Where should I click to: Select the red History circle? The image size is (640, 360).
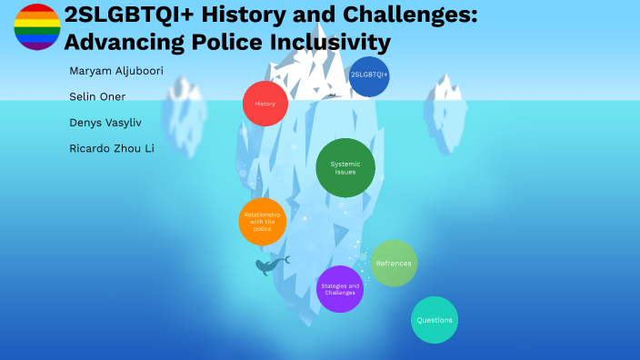coord(265,104)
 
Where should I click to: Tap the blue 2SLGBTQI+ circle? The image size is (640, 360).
coord(369,75)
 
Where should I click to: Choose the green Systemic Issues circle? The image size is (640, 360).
coord(345,167)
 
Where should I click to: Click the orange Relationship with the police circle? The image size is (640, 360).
coord(263,221)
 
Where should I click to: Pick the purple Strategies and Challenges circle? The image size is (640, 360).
coord(340,289)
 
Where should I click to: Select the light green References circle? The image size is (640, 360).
coord(394,264)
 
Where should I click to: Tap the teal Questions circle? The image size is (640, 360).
coord(434,320)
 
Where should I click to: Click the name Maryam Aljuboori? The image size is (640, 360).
coord(116,70)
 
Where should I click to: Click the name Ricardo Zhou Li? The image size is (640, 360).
coord(112,147)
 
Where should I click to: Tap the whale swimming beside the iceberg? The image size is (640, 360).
coord(270,265)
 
